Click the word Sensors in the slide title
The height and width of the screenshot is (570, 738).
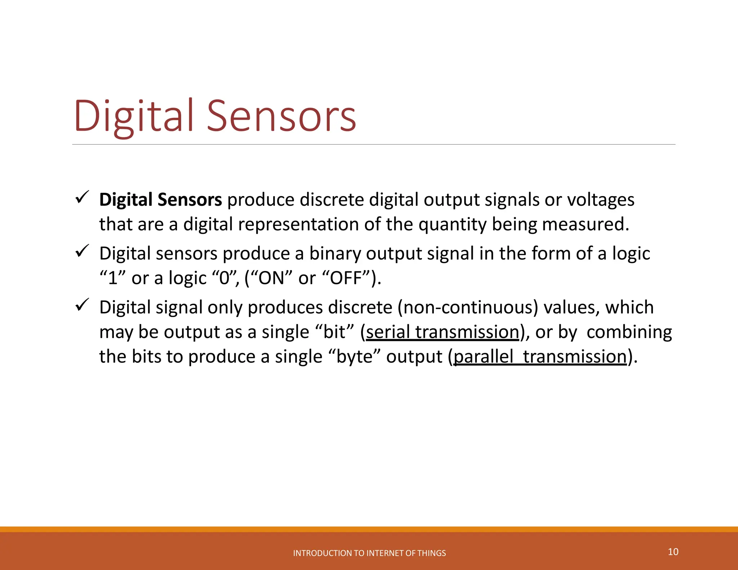pyautogui.click(x=282, y=116)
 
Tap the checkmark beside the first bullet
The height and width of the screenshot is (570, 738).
pyautogui.click(x=82, y=197)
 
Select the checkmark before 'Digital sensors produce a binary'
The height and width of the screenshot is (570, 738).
pyautogui.click(x=82, y=251)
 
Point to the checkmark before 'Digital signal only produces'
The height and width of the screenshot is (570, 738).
pyautogui.click(x=82, y=305)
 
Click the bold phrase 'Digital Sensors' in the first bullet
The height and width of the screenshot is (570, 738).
pyautogui.click(x=160, y=200)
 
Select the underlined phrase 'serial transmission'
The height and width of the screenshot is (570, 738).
pyautogui.click(x=442, y=332)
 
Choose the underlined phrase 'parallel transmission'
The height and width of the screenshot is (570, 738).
pyautogui.click(x=540, y=357)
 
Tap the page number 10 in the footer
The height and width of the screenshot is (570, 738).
pyautogui.click(x=673, y=552)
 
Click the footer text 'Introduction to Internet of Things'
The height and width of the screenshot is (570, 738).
pyautogui.click(x=369, y=553)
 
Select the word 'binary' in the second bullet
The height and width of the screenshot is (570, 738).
pyautogui.click(x=335, y=253)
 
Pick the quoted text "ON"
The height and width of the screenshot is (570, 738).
pyautogui.click(x=270, y=278)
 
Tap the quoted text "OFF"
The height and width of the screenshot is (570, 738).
pyautogui.click(x=346, y=278)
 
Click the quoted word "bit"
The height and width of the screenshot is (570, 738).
pyautogui.click(x=334, y=332)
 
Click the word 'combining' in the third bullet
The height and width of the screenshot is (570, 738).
pyautogui.click(x=629, y=332)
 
